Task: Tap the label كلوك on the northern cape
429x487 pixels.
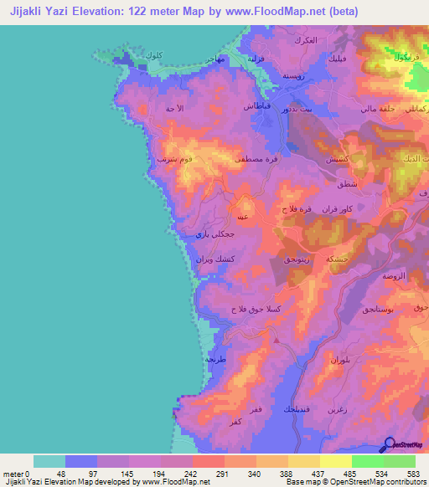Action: click(x=152, y=55)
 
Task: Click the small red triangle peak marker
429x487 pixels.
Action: click(x=276, y=340)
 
